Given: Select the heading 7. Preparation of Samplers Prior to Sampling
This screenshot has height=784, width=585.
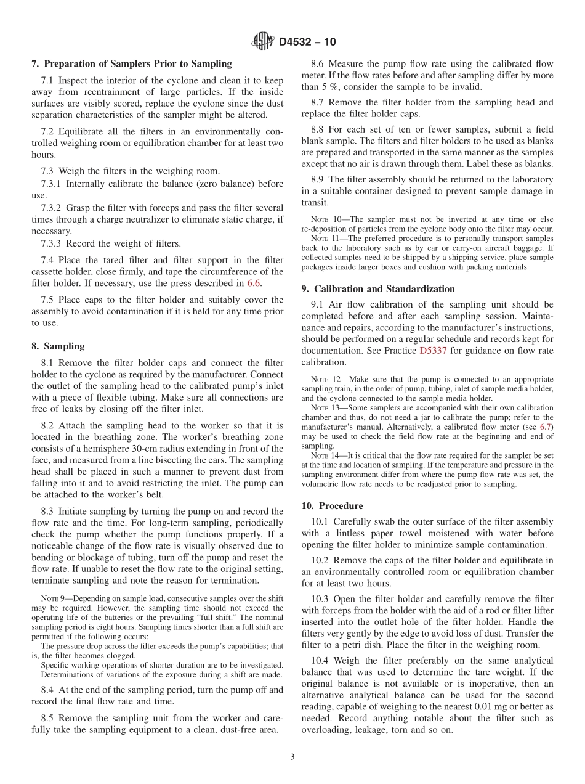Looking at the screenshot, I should (x=132, y=63).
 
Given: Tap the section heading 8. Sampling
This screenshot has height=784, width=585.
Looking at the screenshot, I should (x=58, y=346).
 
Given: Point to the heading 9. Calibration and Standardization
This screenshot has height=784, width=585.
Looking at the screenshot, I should (x=378, y=288).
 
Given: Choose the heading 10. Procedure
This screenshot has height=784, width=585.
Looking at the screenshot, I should (x=332, y=506).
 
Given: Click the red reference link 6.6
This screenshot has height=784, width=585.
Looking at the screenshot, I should (x=254, y=284).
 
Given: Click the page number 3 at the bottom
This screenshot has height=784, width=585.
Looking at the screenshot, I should (x=292, y=757).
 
